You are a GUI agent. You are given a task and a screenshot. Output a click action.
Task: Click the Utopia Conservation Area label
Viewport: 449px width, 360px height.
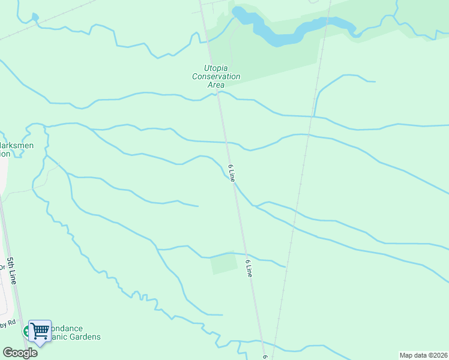click(216, 76)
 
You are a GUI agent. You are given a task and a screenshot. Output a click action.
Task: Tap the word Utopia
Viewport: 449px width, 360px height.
click(216, 68)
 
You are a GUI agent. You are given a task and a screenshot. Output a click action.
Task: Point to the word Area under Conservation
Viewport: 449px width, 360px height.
click(216, 85)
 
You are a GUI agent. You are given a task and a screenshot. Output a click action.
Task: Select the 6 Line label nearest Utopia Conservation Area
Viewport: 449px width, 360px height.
click(231, 172)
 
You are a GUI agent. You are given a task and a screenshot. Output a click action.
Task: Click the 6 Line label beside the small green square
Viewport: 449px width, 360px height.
click(249, 268)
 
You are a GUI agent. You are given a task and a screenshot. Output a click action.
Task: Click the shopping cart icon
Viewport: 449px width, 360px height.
click(40, 330)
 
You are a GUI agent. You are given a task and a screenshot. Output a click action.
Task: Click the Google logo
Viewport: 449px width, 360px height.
click(20, 353)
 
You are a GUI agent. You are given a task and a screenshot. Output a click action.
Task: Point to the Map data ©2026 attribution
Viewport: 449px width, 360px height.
click(424, 355)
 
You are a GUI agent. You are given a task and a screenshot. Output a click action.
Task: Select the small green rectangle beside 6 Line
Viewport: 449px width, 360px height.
click(223, 263)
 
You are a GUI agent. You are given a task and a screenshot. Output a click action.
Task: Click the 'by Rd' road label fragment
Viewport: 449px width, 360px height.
click(7, 325)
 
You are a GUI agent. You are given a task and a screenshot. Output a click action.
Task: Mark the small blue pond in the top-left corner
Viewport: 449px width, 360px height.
click(35, 17)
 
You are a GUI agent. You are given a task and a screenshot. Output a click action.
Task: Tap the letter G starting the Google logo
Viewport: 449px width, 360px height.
click(8, 353)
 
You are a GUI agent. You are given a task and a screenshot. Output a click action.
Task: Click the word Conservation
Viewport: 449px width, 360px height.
click(216, 77)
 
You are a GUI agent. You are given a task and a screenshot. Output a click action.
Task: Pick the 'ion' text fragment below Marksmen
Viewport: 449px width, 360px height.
click(5, 154)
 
